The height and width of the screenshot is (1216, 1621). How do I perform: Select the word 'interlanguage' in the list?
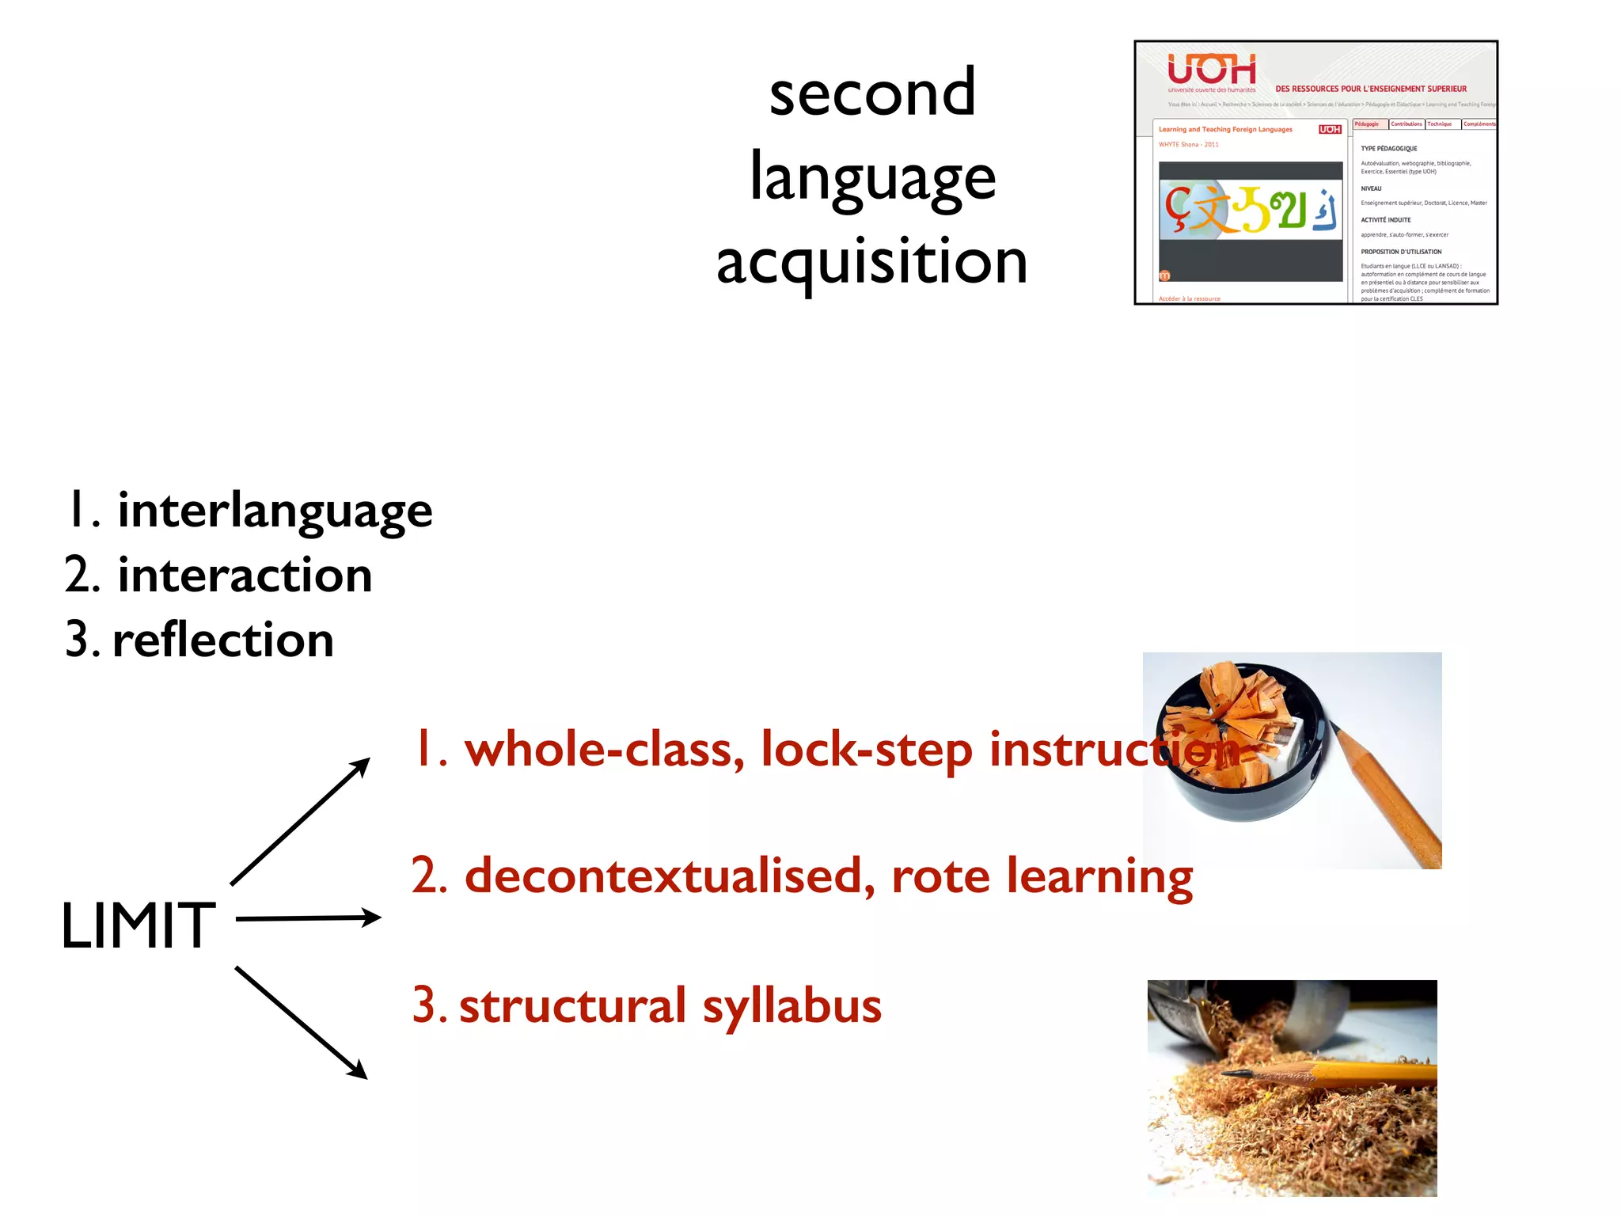[x=275, y=511]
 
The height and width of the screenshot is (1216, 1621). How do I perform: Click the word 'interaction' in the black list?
[x=245, y=576]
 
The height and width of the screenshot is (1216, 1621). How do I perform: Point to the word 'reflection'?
[x=223, y=640]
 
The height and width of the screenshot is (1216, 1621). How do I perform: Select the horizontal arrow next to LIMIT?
[x=309, y=918]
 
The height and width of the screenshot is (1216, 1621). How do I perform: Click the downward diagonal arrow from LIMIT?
[x=302, y=1022]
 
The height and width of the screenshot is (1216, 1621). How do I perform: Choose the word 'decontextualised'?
[x=670, y=876]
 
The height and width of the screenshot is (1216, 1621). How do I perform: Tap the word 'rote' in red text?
[x=940, y=876]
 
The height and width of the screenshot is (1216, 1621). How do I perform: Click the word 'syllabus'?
[x=792, y=1006]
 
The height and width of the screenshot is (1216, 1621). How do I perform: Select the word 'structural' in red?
[x=572, y=1006]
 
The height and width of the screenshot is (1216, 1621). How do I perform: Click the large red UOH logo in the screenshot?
[x=1211, y=70]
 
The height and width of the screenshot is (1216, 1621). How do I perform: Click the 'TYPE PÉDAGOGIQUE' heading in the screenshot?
[x=1388, y=149]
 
